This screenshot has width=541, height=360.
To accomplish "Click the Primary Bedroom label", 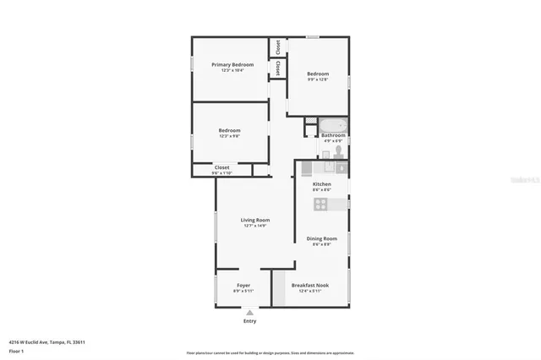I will pos(232,64).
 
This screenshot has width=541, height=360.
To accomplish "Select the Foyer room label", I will pos(243,286).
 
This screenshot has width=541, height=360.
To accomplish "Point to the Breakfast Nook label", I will pos(310,286).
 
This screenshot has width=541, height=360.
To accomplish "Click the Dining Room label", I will pos(321,238).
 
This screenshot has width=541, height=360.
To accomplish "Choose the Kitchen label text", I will pos(321,184).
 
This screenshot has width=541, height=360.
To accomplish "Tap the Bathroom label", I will pos(332,135).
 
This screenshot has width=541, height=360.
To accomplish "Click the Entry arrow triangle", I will pos(249,313).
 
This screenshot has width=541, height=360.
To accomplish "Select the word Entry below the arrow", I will pos(249,321).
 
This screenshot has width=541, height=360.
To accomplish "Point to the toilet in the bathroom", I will pos(337,151).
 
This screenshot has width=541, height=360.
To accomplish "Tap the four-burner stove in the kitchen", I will pos(322,204).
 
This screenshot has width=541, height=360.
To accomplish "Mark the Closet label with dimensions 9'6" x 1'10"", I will pos(221,167).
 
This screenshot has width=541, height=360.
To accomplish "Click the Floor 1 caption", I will pos(17,350).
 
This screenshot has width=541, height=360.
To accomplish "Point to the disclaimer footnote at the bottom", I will pos(270,353).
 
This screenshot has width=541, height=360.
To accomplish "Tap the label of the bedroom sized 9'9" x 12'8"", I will pos(318,74).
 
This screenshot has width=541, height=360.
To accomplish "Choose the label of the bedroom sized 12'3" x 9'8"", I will pos(229,130).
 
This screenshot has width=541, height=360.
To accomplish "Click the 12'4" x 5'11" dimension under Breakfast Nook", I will pos(310,292).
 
